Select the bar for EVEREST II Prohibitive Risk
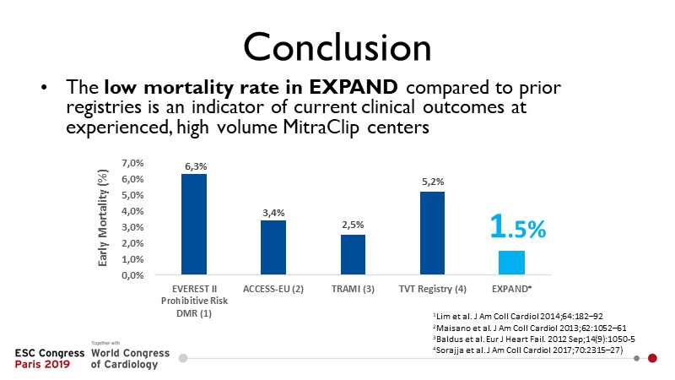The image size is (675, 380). coord(193,224)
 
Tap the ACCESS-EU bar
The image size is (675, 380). coord(273,247)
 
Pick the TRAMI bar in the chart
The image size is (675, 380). coord(353,254)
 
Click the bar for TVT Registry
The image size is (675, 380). coord(432,233)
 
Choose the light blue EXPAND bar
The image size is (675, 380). coord(512,263)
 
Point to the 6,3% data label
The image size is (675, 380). coord(193,167)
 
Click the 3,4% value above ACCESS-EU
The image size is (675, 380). coord(273,214)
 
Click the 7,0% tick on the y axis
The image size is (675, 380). coord(134,162)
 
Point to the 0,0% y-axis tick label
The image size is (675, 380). coord(134,275)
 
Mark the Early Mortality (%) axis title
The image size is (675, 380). coord(104,218)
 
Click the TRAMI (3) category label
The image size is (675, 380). coord(353,290)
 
